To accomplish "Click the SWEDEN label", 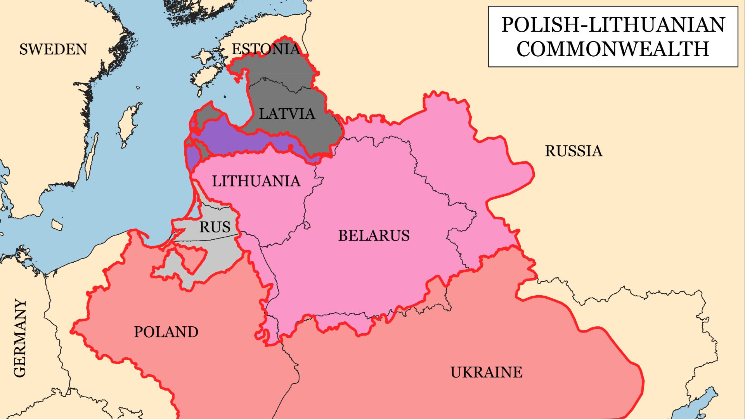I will [x=53, y=49].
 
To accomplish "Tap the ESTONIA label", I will [x=266, y=49].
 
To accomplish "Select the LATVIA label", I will [x=287, y=114].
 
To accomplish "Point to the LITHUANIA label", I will [x=256, y=181].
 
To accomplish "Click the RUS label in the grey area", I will [x=215, y=227].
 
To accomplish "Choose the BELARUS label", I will [x=374, y=235].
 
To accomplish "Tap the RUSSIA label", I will [x=573, y=151].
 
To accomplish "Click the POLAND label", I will [x=166, y=332].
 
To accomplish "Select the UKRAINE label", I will [x=486, y=372].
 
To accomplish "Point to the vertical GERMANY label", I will [x=20, y=338].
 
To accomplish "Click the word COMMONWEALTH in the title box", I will [x=613, y=49].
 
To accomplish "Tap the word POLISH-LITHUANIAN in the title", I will [x=613, y=25].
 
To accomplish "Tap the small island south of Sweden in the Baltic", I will [x=57, y=225].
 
